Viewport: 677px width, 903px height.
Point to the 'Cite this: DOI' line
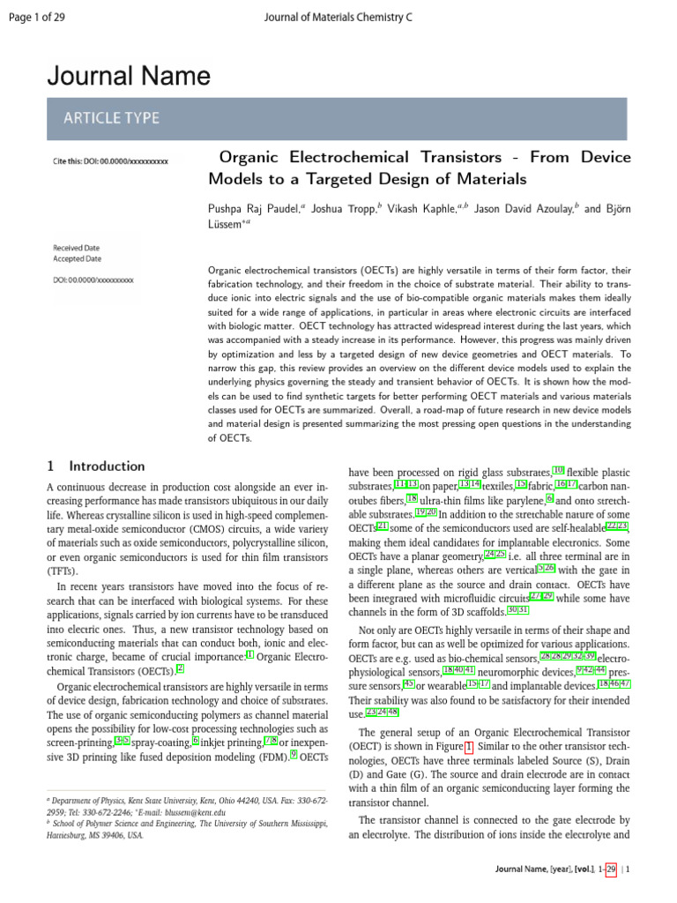(x=110, y=161)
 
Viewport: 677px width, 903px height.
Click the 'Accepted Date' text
(x=77, y=259)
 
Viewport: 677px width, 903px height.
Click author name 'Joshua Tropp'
(x=344, y=210)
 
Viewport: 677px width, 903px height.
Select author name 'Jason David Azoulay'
(x=524, y=210)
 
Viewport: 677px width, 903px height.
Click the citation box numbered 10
(x=558, y=471)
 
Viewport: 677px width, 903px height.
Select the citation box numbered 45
(x=409, y=683)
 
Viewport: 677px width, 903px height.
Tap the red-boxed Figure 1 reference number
(x=469, y=747)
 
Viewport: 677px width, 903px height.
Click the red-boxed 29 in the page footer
(x=611, y=869)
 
